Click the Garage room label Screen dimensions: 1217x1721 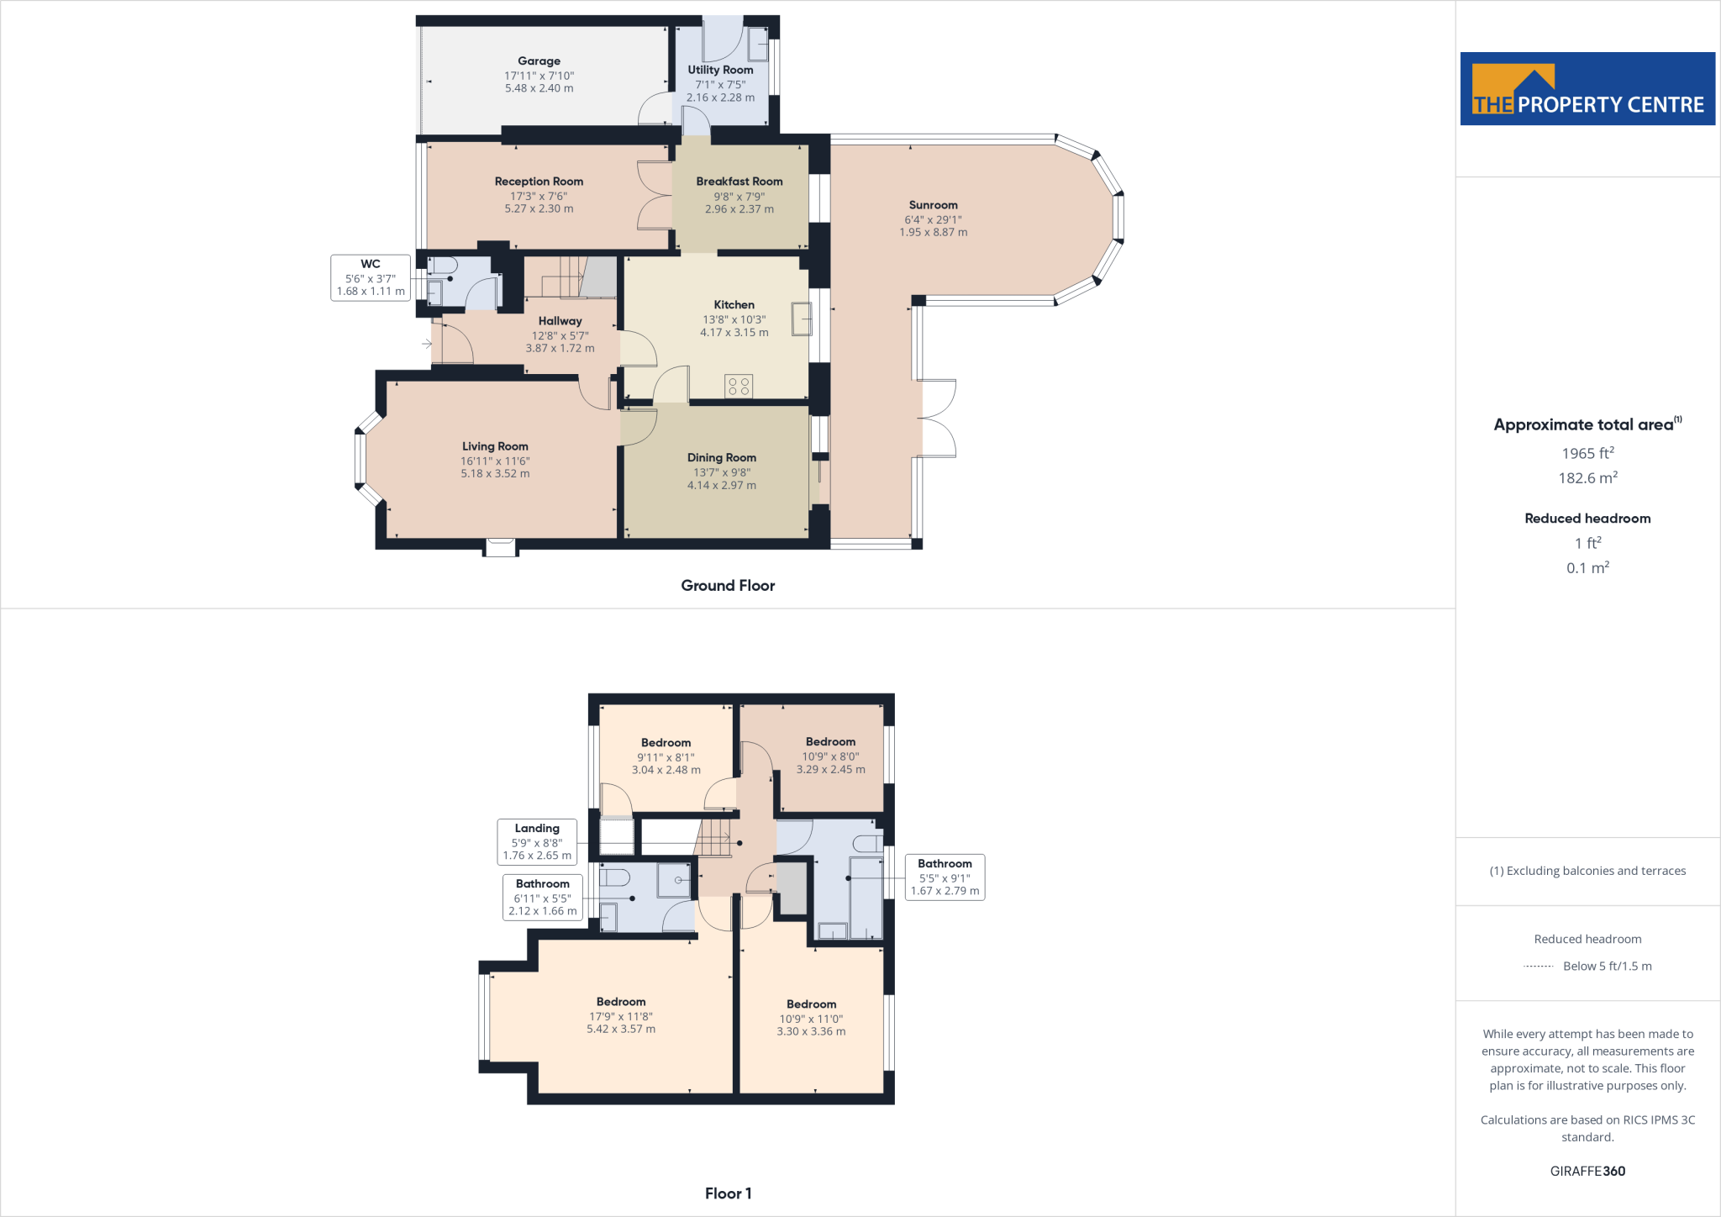539,61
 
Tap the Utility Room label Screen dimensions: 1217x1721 720,70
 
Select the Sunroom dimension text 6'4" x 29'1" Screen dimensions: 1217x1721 933,219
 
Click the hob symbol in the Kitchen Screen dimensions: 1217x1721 739,387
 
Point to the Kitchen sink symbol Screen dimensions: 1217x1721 801,319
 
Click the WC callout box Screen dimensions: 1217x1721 371,277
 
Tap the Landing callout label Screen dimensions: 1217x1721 537,841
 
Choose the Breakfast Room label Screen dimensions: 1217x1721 739,182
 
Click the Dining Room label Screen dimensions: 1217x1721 721,458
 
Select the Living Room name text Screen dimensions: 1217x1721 495,447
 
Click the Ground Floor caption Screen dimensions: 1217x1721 728,586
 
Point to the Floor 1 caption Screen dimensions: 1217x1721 728,1193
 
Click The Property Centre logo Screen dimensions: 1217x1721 1587,89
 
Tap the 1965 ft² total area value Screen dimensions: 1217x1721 1587,453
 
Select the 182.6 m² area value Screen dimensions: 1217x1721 1587,478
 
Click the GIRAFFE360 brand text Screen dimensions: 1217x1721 1587,1171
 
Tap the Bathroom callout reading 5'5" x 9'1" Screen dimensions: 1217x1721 945,877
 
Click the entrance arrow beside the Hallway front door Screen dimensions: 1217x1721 427,343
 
